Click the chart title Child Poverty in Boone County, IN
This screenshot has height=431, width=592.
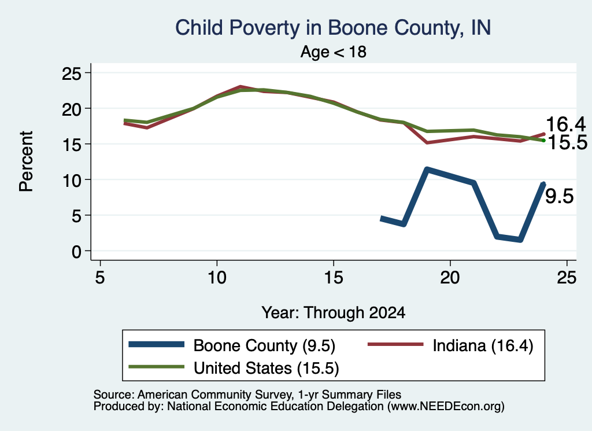click(333, 28)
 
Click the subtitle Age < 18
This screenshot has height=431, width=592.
click(334, 51)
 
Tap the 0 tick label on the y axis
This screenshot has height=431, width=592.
click(77, 251)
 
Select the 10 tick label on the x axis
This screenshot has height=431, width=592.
click(217, 278)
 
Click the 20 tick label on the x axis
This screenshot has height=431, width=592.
click(450, 278)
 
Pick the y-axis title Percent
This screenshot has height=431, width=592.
click(27, 161)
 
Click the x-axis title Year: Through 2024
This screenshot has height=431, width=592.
click(334, 313)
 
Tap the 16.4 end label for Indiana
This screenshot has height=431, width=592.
click(565, 124)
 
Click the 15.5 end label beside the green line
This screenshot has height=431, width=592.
click(568, 142)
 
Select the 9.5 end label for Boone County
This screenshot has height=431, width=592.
click(560, 197)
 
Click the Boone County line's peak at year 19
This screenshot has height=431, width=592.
click(427, 170)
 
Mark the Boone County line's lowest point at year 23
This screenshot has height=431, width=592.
click(520, 240)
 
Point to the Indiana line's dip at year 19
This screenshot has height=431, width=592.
click(427, 143)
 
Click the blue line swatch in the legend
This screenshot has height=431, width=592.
click(156, 344)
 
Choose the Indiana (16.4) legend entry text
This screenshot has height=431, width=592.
click(483, 345)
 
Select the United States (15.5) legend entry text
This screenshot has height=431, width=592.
click(266, 369)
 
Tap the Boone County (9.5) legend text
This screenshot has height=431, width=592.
click(264, 345)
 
